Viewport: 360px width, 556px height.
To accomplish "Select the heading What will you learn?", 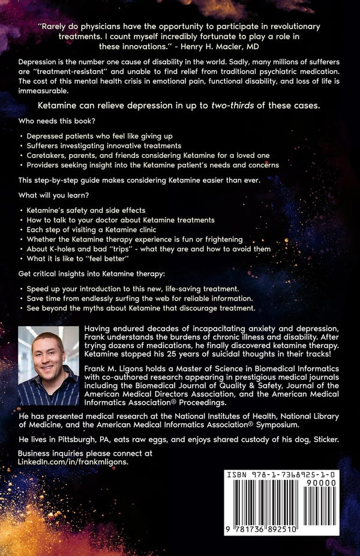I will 52,196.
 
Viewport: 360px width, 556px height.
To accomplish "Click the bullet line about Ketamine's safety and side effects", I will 85,211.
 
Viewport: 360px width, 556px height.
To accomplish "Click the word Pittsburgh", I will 77,440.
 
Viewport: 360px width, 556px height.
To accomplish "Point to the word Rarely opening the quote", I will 55,27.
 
